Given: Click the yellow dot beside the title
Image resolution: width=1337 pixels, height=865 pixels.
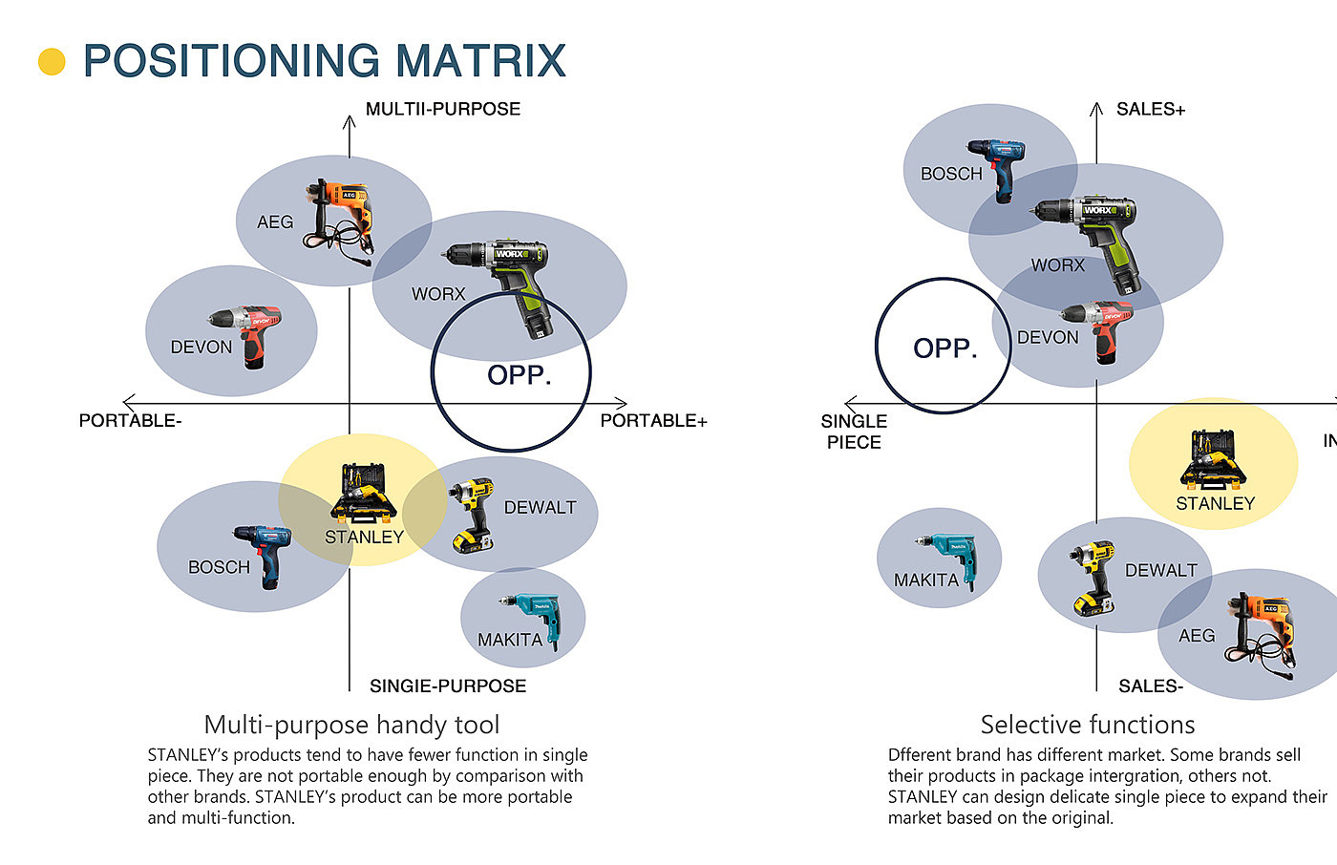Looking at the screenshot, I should [x=52, y=62].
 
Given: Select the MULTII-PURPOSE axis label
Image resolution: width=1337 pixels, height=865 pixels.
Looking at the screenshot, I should [x=443, y=109].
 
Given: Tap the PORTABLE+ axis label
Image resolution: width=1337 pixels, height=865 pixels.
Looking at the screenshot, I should [x=653, y=421].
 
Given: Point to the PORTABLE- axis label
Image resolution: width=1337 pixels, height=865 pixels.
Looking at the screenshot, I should [x=130, y=421].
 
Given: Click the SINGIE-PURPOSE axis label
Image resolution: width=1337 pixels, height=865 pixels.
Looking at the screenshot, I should [x=448, y=686].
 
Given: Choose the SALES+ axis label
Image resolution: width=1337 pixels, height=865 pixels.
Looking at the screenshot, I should [x=1151, y=110].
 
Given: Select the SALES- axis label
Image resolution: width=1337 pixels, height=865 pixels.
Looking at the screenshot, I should [x=1151, y=686].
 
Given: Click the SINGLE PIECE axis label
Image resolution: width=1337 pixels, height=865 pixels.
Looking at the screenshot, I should [x=854, y=432].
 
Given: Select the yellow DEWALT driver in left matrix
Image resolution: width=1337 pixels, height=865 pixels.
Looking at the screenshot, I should [x=472, y=515].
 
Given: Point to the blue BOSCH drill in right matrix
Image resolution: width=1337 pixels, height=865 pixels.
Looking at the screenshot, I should [x=998, y=168].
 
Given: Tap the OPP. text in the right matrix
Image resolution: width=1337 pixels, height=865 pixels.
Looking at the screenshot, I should [x=944, y=348].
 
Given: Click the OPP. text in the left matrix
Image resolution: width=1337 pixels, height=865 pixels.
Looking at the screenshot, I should [x=519, y=375].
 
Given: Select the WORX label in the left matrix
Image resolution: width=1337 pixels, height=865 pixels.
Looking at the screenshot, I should [x=438, y=294].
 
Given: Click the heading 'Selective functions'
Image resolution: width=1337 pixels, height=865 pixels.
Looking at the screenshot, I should [x=1087, y=725].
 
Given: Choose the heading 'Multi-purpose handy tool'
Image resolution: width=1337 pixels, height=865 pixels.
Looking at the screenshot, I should [x=351, y=725].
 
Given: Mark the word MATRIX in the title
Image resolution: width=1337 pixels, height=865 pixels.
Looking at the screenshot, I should [x=480, y=61].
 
